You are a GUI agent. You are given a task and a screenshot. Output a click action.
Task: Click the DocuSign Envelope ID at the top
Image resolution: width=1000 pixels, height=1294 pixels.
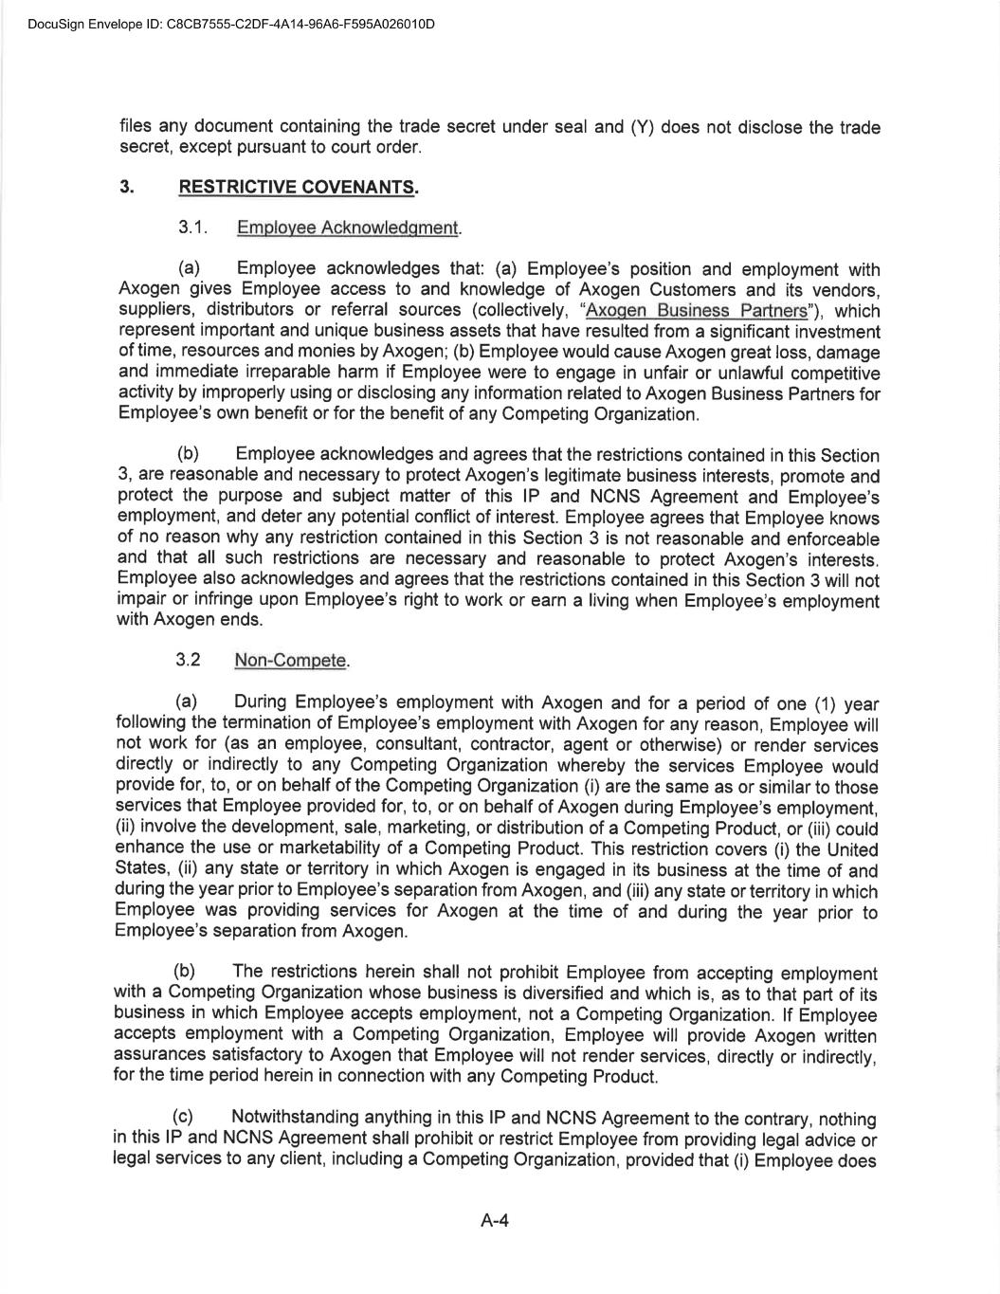[x=231, y=24]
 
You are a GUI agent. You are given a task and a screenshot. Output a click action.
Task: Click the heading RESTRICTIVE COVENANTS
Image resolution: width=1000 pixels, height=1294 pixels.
[x=298, y=187]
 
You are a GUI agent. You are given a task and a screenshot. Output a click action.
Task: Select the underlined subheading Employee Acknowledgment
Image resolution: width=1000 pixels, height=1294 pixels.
[x=348, y=228]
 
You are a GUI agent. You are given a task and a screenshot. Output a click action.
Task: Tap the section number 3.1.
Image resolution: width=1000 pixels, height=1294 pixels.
[x=192, y=228]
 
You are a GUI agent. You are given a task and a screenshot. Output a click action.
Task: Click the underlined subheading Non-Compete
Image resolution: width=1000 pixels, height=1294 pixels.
[x=291, y=660]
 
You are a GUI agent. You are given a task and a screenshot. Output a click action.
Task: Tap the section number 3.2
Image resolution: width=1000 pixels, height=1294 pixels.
[x=188, y=660]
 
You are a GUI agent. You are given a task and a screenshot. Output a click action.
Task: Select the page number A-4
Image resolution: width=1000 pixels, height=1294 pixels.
[x=495, y=1221]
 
